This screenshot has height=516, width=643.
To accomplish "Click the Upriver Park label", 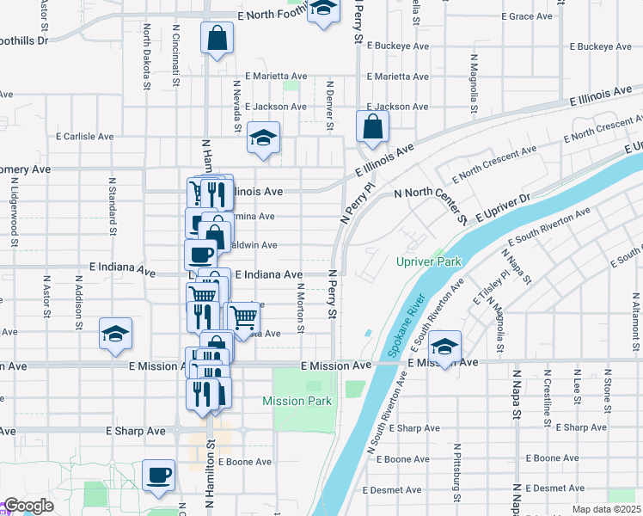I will tap(429, 261).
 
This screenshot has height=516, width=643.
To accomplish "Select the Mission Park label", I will tap(297, 401).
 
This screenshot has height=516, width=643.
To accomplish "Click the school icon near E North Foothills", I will tap(323, 11).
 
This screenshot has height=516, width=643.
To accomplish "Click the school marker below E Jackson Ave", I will tap(263, 138).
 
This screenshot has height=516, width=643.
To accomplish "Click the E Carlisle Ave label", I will tap(85, 136).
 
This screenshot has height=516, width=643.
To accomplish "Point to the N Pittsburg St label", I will tap(456, 476).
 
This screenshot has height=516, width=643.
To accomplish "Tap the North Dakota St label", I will tap(147, 57).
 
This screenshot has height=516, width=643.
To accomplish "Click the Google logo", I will tap(29, 506).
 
